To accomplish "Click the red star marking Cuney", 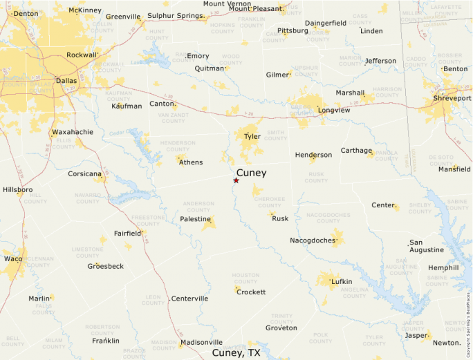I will tap(236, 180).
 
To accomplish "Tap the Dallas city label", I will tap(66, 80).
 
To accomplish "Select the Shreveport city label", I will tap(453, 98).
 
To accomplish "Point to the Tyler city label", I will tap(252, 136).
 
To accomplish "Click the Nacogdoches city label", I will tap(313, 240).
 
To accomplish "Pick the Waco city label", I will tap(12, 258).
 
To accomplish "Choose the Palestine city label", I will tap(195, 219).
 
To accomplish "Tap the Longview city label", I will tap(334, 110).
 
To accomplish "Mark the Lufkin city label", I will tap(342, 281).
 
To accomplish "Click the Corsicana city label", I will tap(84, 173).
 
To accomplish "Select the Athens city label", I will tap(191, 162).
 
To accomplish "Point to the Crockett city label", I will tap(251, 292).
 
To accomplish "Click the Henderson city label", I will tap(313, 155).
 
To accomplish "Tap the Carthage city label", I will tap(356, 151).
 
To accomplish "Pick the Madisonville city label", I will tap(201, 342).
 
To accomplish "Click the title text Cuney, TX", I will tap(236, 352).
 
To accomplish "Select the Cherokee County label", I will tap(270, 201).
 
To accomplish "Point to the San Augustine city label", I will tap(426, 246).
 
